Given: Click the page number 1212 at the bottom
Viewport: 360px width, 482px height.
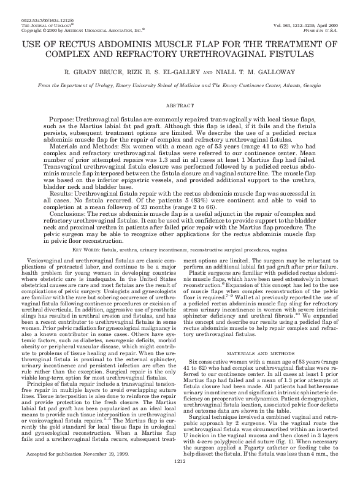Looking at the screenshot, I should point(180,478).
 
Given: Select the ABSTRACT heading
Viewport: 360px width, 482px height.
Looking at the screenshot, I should point(180,105).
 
